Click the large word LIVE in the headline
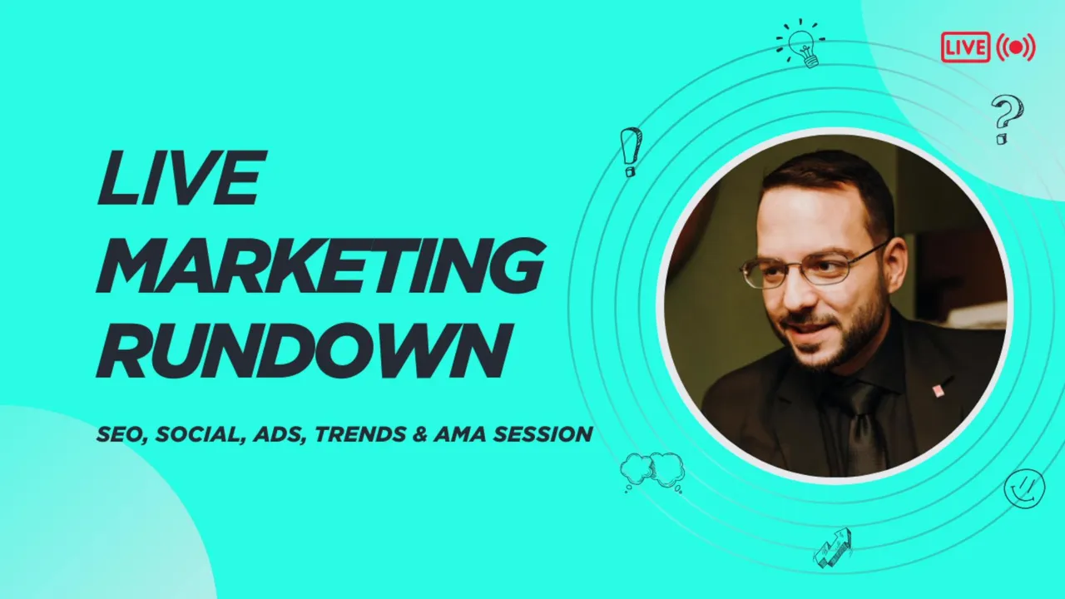(181, 177)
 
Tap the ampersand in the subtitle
(420, 434)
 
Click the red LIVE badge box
(965, 47)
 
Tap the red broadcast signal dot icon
(1016, 47)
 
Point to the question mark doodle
(1008, 119)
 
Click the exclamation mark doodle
(631, 152)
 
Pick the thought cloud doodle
(652, 472)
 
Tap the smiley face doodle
(1024, 488)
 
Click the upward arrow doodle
(833, 548)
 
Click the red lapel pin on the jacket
(938, 391)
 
